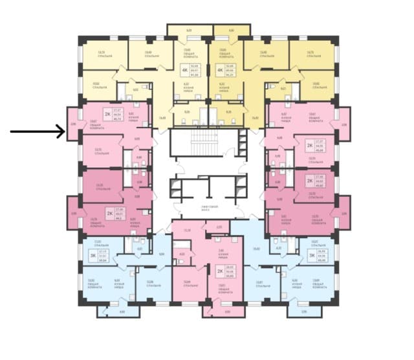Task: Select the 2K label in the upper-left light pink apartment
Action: (x=108, y=114)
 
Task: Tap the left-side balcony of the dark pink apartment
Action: (x=74, y=213)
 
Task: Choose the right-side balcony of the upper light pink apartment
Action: (x=343, y=126)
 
